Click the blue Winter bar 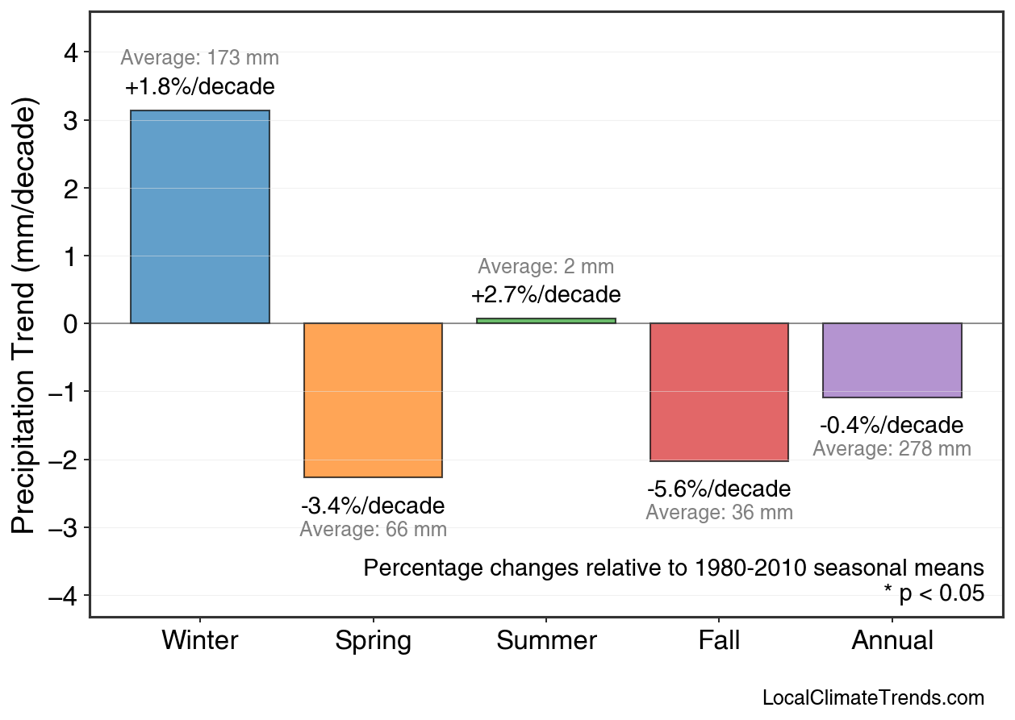click(200, 217)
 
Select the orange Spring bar click(373, 400)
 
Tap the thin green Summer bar click(546, 321)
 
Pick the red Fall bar click(719, 392)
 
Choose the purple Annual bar click(892, 360)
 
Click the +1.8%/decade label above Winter click(200, 87)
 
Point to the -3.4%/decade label click(373, 506)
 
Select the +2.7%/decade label click(546, 294)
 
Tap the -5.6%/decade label click(719, 489)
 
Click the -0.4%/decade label click(892, 425)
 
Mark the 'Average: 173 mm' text click(200, 58)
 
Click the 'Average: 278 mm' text click(892, 449)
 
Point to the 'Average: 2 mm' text click(546, 267)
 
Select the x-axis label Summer click(546, 641)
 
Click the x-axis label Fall click(719, 641)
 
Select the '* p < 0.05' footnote click(934, 594)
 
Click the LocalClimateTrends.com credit click(873, 698)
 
